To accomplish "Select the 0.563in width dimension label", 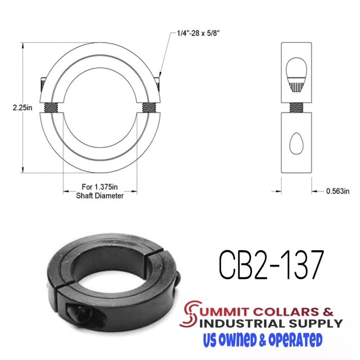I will [x=337, y=191].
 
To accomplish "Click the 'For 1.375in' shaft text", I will [x=100, y=188].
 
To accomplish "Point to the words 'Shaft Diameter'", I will [x=100, y=196].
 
